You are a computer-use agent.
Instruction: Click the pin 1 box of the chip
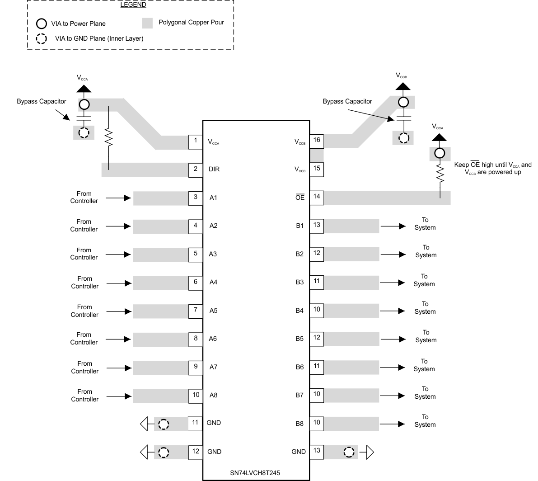pyautogui.click(x=196, y=141)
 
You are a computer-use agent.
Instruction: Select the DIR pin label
pyautogui.click(x=214, y=169)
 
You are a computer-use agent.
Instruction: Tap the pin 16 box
pyautogui.click(x=317, y=141)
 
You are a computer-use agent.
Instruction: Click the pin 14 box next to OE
pyautogui.click(x=317, y=197)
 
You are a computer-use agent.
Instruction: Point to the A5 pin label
pyautogui.click(x=213, y=311)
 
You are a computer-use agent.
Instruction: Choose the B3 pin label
pyautogui.click(x=299, y=282)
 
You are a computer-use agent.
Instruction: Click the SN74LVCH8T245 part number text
pyautogui.click(x=256, y=473)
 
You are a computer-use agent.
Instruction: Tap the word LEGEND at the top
pyautogui.click(x=133, y=5)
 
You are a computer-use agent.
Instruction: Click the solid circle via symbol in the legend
pyautogui.click(x=42, y=23)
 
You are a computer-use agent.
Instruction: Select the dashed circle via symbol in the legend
pyautogui.click(x=42, y=38)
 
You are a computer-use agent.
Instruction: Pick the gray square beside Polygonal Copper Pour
pyautogui.click(x=147, y=23)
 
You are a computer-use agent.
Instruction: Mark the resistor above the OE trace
pyautogui.click(x=440, y=174)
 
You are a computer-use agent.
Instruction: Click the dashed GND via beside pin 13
pyautogui.click(x=348, y=452)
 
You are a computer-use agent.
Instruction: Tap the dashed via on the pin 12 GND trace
pyautogui.click(x=164, y=452)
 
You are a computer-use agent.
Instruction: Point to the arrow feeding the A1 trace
pyautogui.click(x=122, y=198)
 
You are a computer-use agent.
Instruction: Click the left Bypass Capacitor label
pyautogui.click(x=42, y=101)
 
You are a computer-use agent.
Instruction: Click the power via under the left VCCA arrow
pyautogui.click(x=84, y=105)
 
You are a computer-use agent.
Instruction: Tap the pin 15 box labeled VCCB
pyautogui.click(x=317, y=169)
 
